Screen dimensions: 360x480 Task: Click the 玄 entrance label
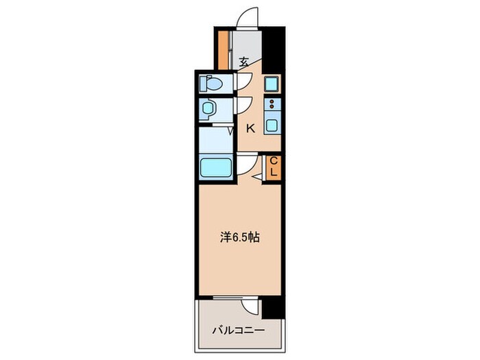pos(243,62)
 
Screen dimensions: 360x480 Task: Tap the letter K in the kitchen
pos(250,128)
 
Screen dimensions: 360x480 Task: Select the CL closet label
pos(273,167)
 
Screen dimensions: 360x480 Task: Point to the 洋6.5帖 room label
pos(240,239)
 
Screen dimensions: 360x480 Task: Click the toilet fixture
pos(211,84)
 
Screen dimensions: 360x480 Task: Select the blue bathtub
pos(216,166)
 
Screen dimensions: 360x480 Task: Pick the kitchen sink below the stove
pos(272,127)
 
